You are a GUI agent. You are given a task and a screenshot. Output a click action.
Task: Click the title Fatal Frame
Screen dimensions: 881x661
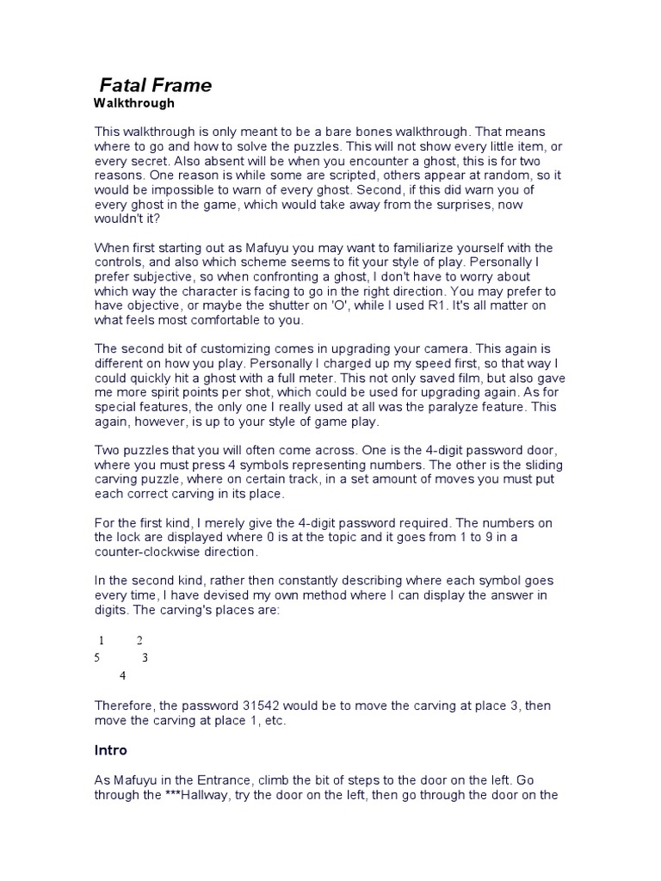[156, 85]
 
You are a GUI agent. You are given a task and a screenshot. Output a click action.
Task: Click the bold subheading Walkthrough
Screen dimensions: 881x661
[133, 103]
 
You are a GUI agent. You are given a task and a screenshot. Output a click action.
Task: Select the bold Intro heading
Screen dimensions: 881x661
[110, 750]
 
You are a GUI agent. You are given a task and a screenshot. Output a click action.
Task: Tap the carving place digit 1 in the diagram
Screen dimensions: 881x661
[102, 640]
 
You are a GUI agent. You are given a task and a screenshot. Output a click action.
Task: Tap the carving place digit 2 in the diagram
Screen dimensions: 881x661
[139, 640]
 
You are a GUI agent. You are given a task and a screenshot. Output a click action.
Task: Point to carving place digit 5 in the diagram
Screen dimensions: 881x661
[97, 658]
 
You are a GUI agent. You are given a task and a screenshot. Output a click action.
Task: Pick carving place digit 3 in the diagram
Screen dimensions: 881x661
[145, 658]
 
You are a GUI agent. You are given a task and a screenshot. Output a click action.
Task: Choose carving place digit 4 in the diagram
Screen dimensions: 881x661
[123, 675]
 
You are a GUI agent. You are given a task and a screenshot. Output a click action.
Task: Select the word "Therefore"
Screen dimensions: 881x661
[127, 705]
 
